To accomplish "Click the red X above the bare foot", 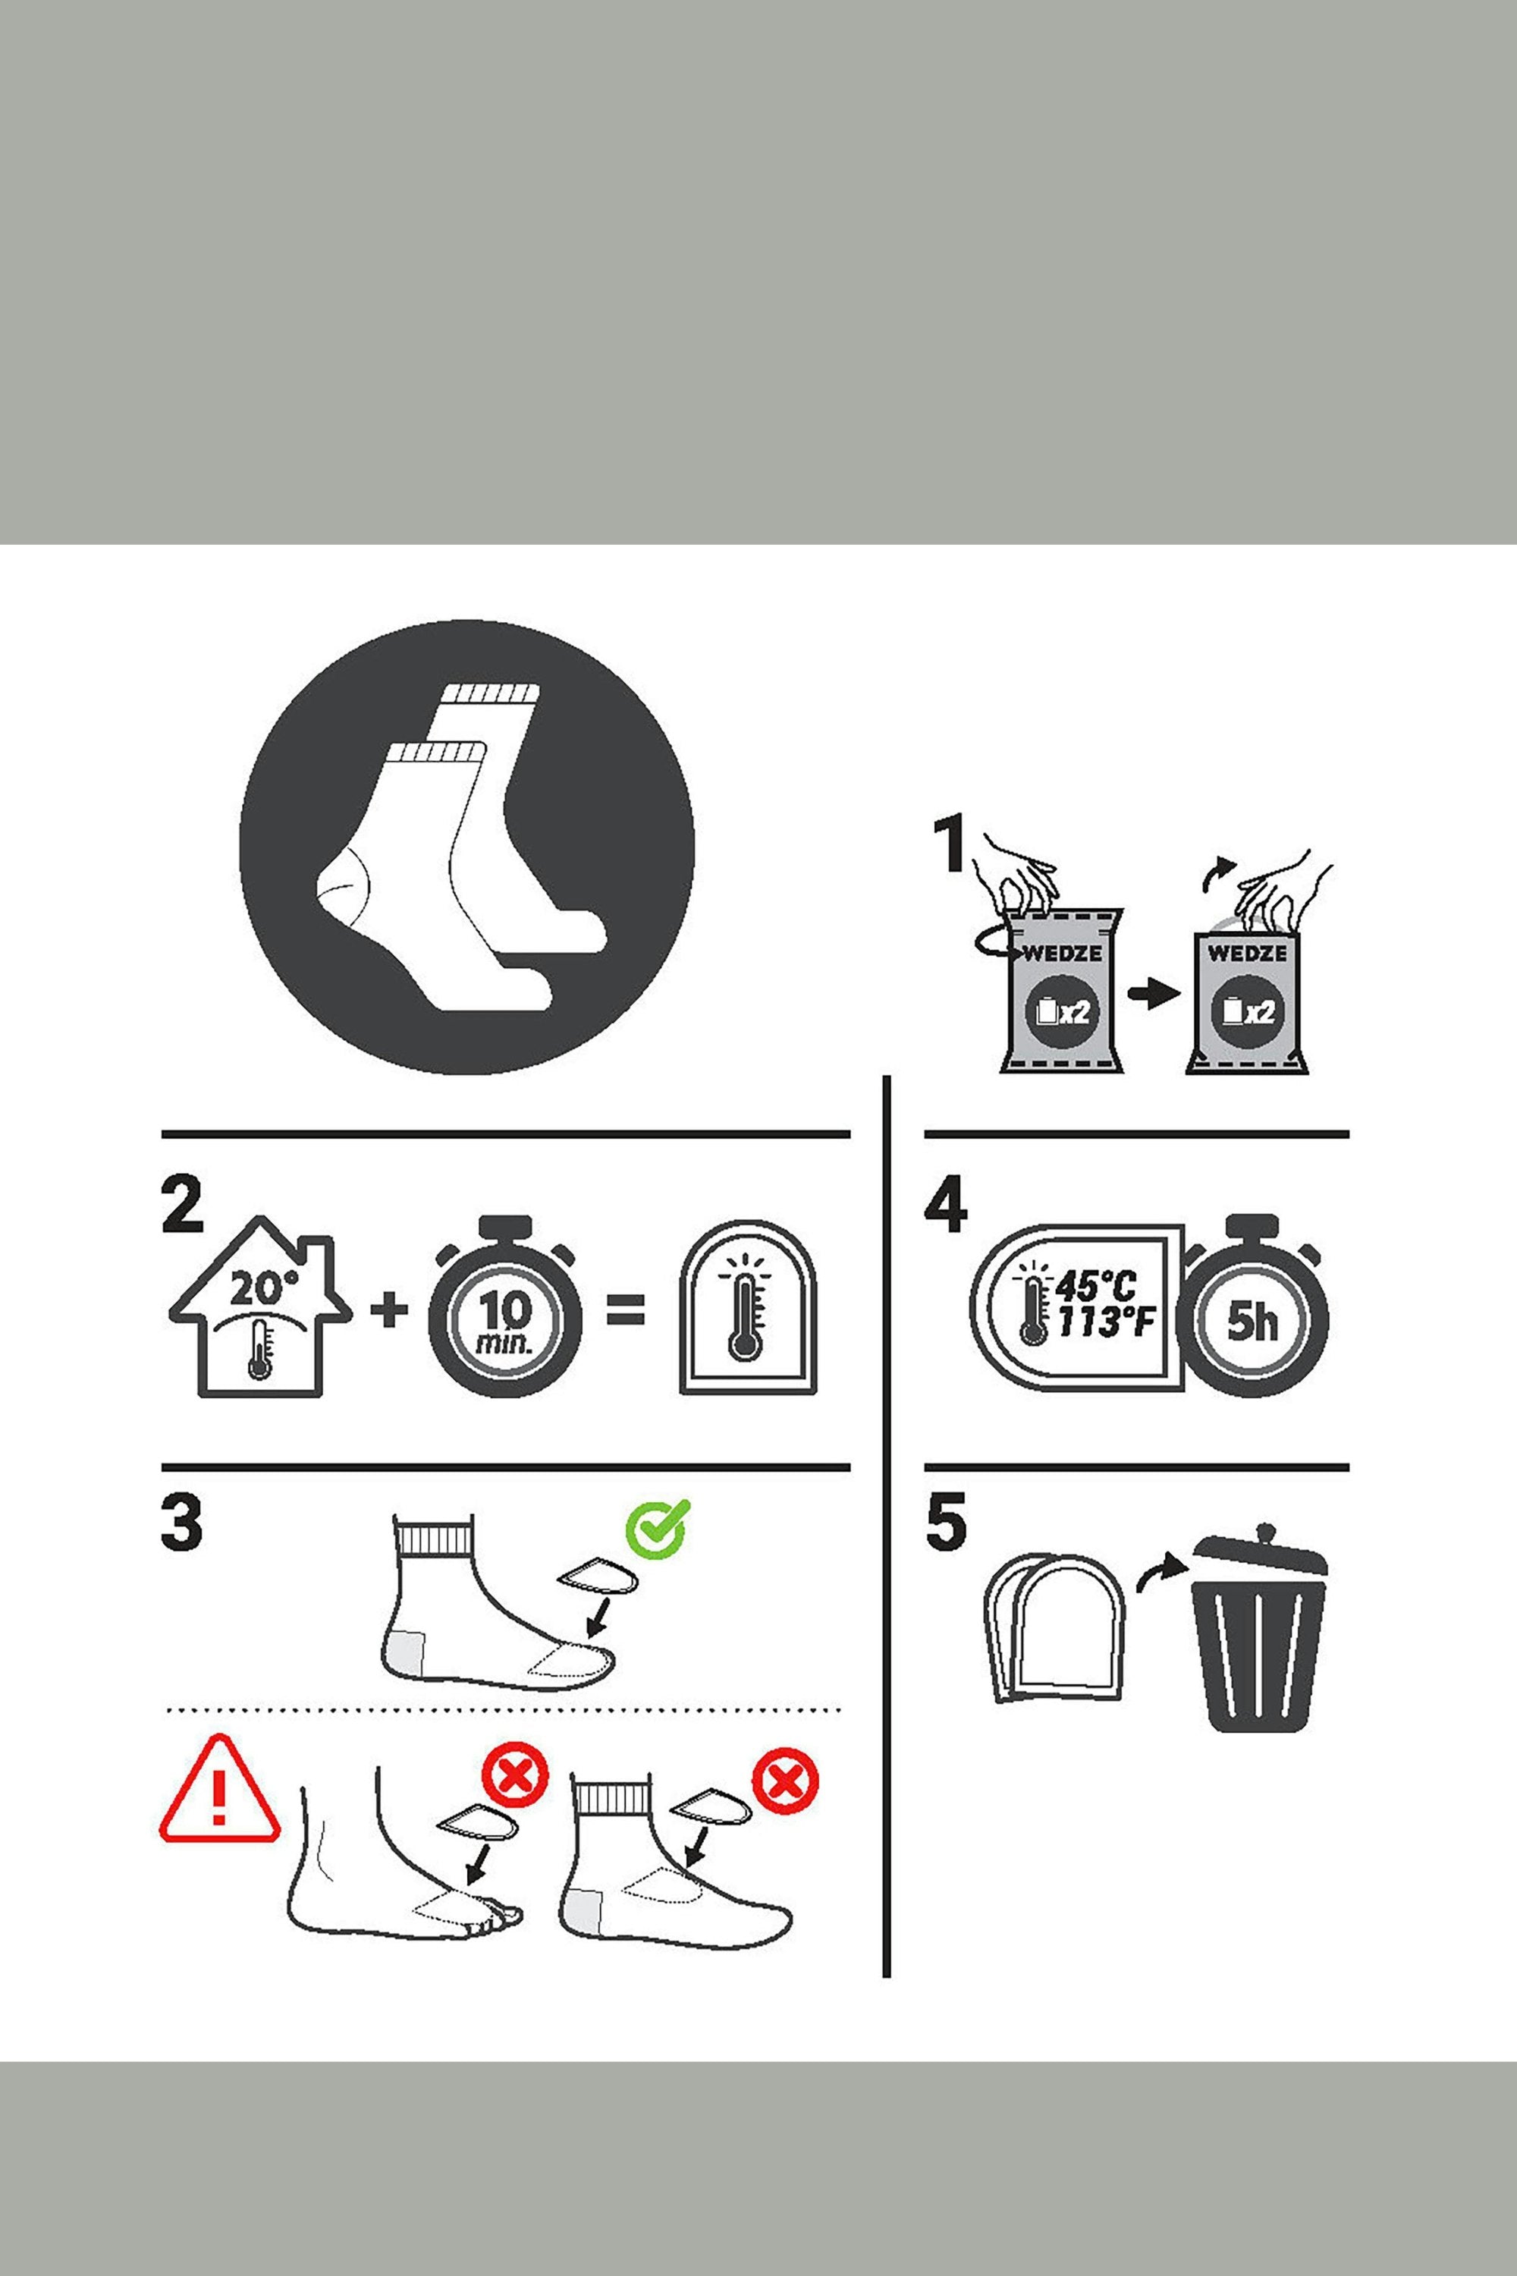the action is [515, 1778].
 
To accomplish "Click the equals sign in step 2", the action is [624, 1312].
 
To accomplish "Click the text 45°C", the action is [1097, 1287].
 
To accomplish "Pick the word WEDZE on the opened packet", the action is [1247, 953].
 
